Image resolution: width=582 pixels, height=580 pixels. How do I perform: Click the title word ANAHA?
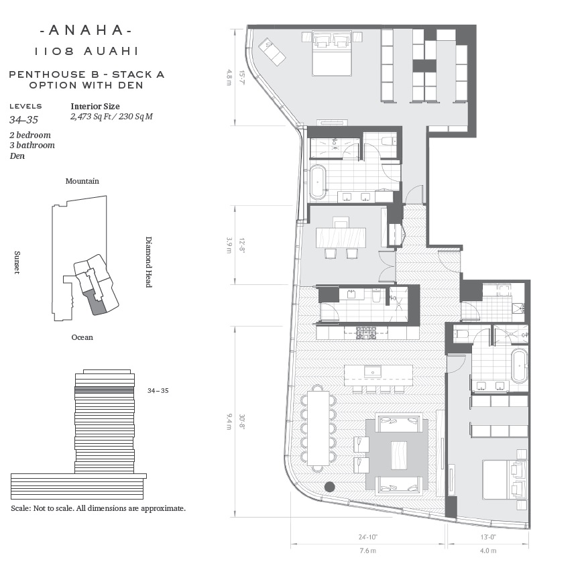pyautogui.click(x=86, y=30)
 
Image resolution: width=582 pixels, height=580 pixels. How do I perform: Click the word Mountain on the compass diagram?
pyautogui.click(x=82, y=181)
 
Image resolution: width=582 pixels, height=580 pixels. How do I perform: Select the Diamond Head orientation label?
pyautogui.click(x=148, y=262)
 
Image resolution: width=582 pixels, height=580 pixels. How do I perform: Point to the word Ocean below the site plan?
pyautogui.click(x=82, y=337)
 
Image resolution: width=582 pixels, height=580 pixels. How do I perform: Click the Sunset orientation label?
pyautogui.click(x=17, y=262)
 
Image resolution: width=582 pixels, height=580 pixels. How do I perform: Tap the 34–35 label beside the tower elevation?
pyautogui.click(x=158, y=390)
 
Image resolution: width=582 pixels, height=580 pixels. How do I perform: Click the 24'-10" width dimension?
pyautogui.click(x=368, y=536)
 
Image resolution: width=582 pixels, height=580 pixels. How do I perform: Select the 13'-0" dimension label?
pyautogui.click(x=487, y=536)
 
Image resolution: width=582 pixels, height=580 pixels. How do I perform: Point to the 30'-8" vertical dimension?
pyautogui.click(x=241, y=422)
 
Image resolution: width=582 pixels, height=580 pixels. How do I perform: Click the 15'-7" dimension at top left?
pyautogui.click(x=241, y=77)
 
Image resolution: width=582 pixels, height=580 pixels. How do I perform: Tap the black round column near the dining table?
pyautogui.click(x=330, y=487)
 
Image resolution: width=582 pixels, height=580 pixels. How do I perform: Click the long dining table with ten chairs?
pyautogui.click(x=318, y=428)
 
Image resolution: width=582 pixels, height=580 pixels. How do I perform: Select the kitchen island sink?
pyautogui.click(x=372, y=371)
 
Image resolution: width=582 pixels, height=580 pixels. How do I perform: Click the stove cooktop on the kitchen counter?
pyautogui.click(x=366, y=333)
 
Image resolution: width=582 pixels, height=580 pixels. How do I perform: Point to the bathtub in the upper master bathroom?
pyautogui.click(x=318, y=182)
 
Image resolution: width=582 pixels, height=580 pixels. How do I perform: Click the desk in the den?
pyautogui.click(x=341, y=237)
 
